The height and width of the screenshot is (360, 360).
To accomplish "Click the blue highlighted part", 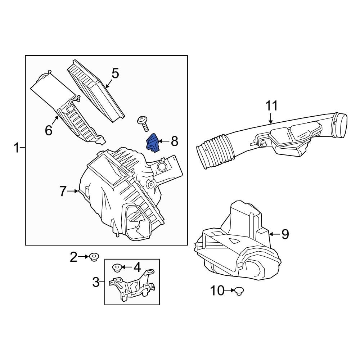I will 153,143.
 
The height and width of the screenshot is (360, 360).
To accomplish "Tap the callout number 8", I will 174,141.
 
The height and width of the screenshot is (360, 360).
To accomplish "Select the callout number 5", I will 115,73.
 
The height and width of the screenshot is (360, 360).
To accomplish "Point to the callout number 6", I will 49,130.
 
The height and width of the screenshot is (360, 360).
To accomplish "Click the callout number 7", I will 63,192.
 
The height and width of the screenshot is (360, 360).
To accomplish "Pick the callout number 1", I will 16,148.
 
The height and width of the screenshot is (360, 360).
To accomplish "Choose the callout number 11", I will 272,106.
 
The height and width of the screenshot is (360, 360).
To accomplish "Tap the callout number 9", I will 285,234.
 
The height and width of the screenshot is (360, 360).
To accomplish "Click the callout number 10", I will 217,291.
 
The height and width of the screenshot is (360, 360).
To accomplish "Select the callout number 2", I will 73,257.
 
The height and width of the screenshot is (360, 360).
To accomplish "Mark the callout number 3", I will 96,282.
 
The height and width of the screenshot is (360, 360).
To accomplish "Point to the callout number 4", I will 137,267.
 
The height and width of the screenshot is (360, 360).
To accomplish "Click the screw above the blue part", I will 144,123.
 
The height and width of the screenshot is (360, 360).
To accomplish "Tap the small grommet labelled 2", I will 95,257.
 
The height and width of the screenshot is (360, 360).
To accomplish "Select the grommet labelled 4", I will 117,267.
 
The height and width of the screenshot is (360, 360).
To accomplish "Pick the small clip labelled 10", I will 239,291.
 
